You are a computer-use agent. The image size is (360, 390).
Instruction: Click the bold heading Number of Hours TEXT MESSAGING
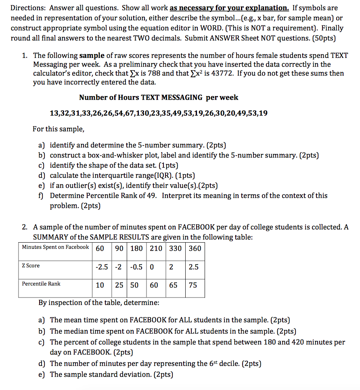[x=141, y=97]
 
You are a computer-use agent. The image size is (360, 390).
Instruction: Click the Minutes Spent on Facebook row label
[x=55, y=247]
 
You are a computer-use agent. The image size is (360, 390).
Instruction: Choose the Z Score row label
[x=31, y=266]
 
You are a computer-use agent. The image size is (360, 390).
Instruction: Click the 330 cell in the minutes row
[x=175, y=248]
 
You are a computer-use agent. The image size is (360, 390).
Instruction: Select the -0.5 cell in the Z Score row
[x=136, y=267]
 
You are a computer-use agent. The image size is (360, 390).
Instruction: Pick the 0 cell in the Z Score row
[x=152, y=267]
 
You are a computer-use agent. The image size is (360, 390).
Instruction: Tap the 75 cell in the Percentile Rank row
[x=193, y=285]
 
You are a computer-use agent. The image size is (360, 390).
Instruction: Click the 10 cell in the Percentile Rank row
[x=100, y=285]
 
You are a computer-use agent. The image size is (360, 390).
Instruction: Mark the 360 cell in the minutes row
[x=195, y=248]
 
